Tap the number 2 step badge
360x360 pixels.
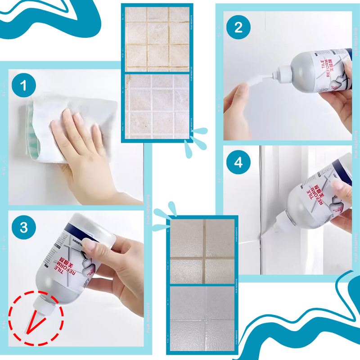click(x=238, y=27)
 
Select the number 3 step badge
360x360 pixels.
click(x=23, y=227)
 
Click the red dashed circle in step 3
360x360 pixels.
click(x=36, y=318)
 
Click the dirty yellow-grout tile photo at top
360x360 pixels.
click(x=157, y=38)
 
